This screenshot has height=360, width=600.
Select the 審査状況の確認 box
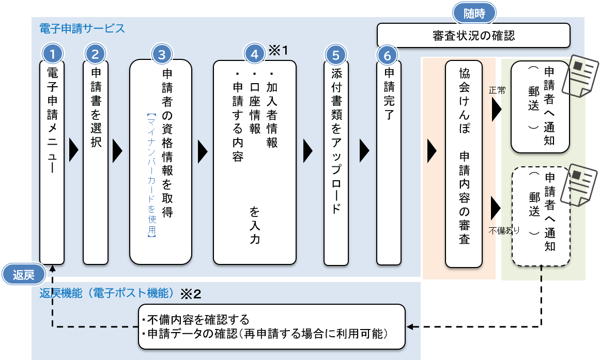click(x=473, y=36)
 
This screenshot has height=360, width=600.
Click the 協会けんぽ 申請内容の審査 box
click(x=464, y=164)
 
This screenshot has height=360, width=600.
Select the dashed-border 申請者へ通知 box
click(x=541, y=216)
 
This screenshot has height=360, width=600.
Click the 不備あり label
click(x=504, y=230)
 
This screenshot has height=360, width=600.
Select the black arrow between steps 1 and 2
click(x=73, y=151)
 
